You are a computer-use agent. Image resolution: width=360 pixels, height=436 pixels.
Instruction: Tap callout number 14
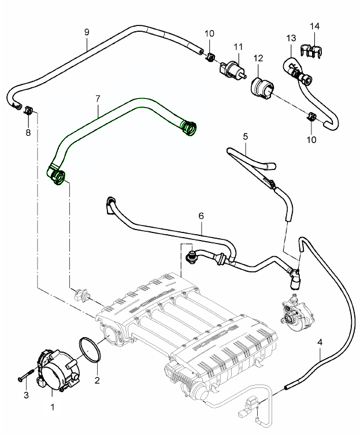(314, 27)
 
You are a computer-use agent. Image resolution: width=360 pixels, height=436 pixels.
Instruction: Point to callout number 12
(258, 58)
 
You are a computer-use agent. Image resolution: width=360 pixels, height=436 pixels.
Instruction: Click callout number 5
(246, 137)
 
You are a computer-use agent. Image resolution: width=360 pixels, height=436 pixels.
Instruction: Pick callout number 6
(201, 216)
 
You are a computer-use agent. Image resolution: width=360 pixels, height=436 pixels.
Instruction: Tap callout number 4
(320, 342)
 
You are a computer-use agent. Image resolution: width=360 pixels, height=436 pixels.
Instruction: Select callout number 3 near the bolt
(25, 395)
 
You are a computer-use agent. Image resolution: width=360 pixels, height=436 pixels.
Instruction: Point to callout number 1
(53, 407)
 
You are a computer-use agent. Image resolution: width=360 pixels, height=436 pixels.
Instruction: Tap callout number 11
(238, 46)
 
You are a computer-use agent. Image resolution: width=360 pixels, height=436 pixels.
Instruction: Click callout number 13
(291, 38)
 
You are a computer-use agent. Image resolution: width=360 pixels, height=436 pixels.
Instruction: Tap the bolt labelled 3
(25, 376)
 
